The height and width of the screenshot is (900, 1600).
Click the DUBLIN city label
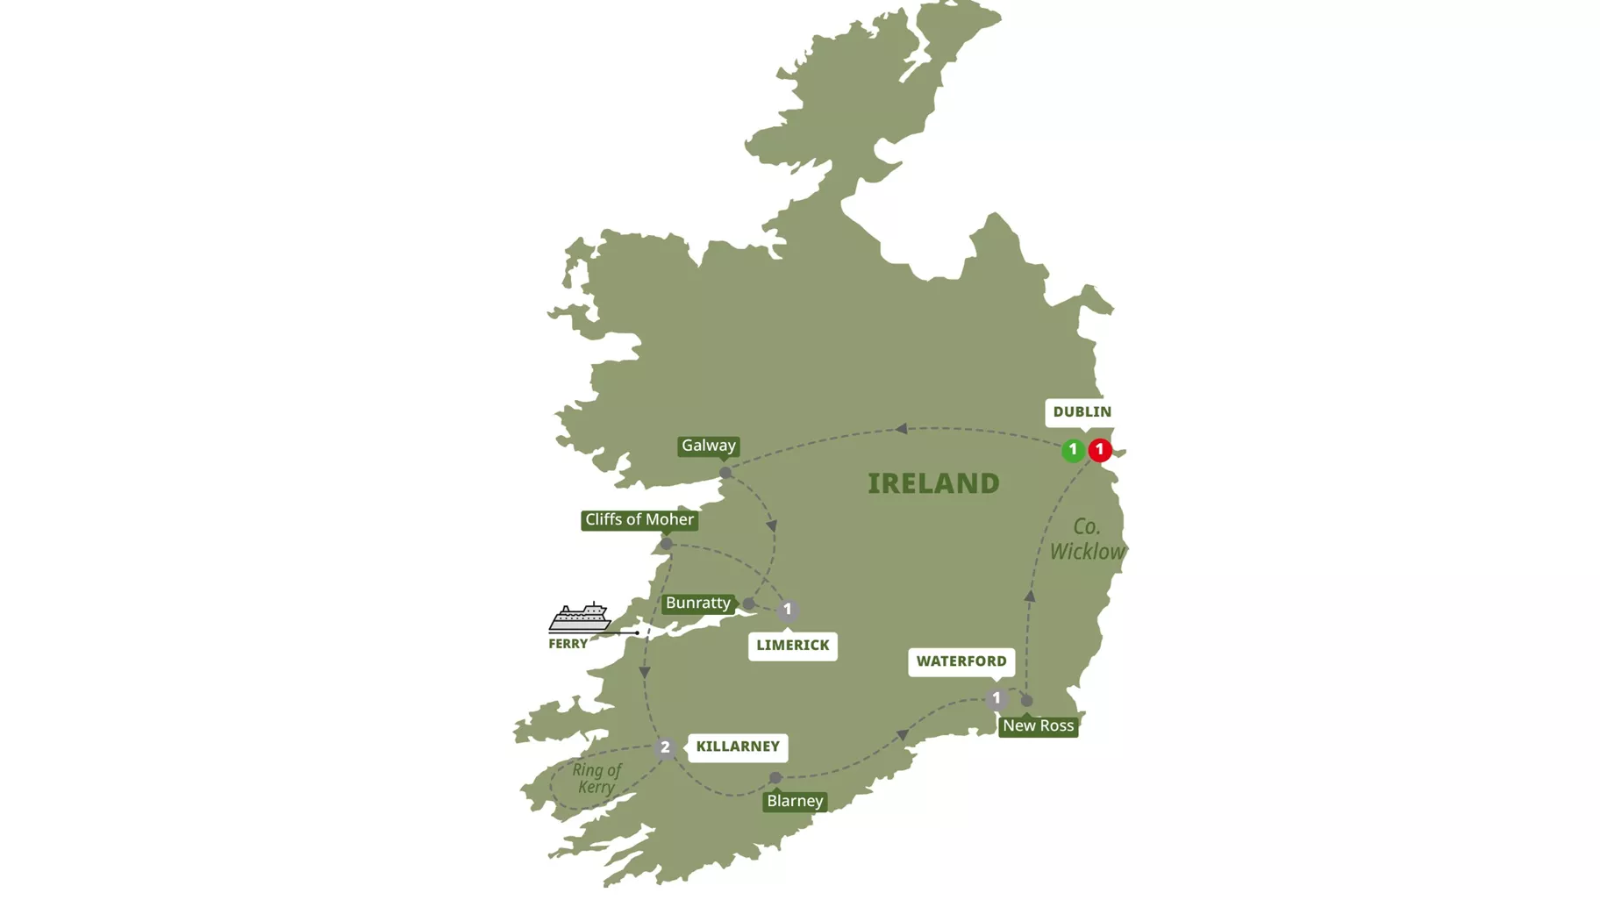[x=1082, y=412]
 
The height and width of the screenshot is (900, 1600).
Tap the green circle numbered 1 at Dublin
[x=1072, y=450]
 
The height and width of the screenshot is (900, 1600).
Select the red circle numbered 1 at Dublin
[x=1100, y=450]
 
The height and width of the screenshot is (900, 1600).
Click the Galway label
[x=709, y=446]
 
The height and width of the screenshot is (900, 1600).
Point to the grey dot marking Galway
[x=725, y=473]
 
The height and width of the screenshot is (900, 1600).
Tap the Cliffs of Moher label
[x=639, y=520]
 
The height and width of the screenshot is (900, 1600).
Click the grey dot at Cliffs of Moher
[x=667, y=544]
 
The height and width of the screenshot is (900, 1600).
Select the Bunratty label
[x=698, y=604]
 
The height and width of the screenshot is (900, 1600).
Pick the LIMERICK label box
[x=792, y=646]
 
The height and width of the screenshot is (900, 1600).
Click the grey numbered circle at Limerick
[x=788, y=610]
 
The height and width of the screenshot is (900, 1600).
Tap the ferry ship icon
[x=580, y=618]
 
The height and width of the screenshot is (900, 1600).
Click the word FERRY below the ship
[x=568, y=644]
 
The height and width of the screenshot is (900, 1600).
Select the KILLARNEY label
[x=737, y=746]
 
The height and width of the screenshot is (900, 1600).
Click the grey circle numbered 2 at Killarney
[x=665, y=748]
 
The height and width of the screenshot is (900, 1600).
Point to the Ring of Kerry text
[x=596, y=778]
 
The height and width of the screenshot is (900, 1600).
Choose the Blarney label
[x=795, y=801]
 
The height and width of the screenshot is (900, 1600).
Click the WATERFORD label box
[x=961, y=661]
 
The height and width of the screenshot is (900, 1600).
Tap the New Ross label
[x=1038, y=726]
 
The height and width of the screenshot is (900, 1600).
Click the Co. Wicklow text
[x=1087, y=539]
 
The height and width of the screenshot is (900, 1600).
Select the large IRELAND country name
[x=933, y=483]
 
